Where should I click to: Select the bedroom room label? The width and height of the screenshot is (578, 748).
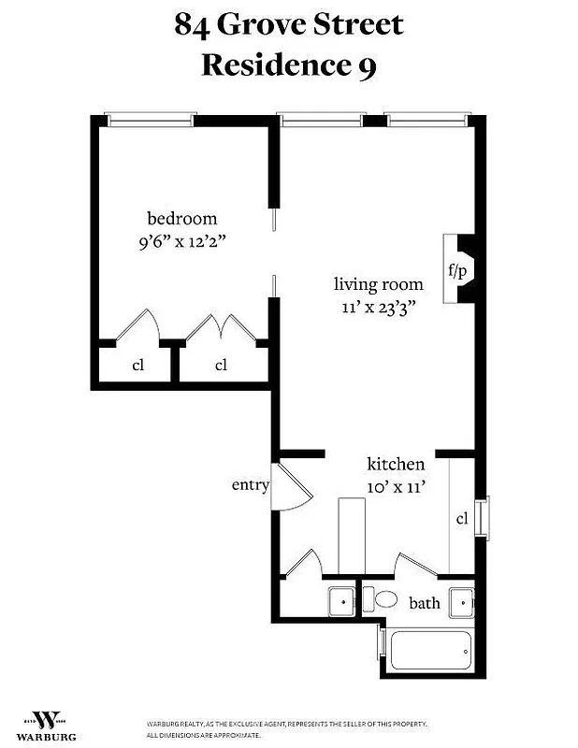[x=181, y=219]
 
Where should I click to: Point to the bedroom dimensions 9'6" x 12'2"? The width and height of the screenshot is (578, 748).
[x=181, y=240]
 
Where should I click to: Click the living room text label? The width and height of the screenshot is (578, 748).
[x=379, y=284]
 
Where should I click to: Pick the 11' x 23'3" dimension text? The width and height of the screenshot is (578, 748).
[x=379, y=307]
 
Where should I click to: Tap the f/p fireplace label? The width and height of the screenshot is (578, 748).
[x=457, y=271]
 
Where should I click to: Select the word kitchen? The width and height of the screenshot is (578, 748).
[x=396, y=464]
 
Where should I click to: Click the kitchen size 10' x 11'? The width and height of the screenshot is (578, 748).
[x=396, y=485]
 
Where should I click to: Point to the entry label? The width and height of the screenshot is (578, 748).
[x=251, y=485]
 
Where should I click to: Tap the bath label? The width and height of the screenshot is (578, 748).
[x=424, y=602]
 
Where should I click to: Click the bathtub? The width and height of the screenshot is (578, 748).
[x=430, y=651]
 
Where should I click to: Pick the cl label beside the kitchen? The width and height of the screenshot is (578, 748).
[x=462, y=519]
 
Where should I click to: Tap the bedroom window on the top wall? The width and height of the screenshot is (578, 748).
[x=150, y=120]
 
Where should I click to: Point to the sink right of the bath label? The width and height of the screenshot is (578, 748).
[x=461, y=602]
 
